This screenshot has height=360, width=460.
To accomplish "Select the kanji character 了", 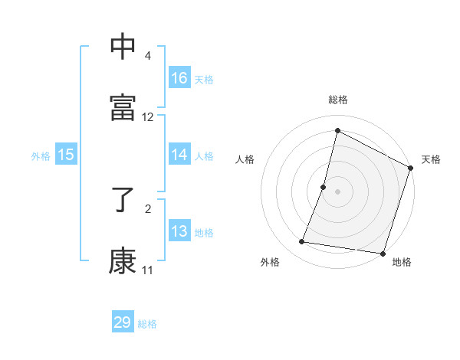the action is (x=123, y=200).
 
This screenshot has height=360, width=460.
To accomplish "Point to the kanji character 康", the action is (x=123, y=260).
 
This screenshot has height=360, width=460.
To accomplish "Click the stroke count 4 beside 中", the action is (x=148, y=56).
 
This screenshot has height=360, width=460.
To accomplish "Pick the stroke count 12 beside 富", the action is (x=148, y=117).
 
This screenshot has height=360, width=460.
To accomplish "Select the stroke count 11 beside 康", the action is (x=148, y=270).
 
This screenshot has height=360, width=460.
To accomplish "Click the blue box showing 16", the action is (x=179, y=78).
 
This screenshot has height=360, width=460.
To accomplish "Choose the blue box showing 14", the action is (x=179, y=155).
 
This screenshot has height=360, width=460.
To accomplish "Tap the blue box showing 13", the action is (x=179, y=231).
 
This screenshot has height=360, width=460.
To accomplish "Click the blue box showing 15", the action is (x=66, y=155).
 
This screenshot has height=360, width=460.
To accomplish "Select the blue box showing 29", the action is (x=123, y=322).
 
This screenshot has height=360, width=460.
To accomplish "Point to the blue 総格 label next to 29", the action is (x=147, y=324).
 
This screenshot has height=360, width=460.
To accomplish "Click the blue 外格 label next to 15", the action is (x=41, y=156).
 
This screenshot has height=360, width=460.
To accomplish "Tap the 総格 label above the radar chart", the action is (x=338, y=100).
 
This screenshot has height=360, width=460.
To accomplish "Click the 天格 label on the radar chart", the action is (x=431, y=159).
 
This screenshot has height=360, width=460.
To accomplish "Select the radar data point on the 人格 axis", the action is (x=324, y=187).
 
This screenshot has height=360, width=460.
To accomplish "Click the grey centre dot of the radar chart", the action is (x=338, y=191).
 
